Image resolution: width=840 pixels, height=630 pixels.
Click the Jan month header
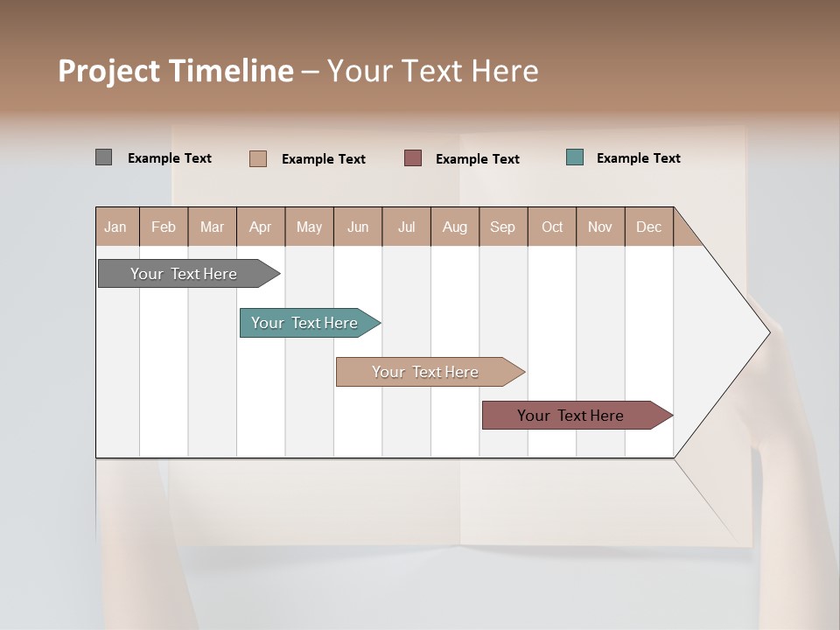tap(115, 227)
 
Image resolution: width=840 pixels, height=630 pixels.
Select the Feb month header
tap(164, 227)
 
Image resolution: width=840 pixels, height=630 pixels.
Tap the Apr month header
tap(260, 227)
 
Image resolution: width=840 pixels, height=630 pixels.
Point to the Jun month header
tap(358, 227)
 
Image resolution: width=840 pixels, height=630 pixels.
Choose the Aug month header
tap(454, 227)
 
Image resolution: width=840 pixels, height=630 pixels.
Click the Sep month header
tap(502, 227)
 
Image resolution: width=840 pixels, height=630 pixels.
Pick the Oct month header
tap(552, 227)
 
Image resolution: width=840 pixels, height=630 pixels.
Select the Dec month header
tap(648, 227)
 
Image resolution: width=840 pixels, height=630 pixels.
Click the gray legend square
tap(103, 157)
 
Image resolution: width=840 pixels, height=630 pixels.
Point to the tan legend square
tap(258, 158)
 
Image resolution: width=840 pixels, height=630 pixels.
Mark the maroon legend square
tap(413, 157)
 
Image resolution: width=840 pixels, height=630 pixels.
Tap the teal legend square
tap(575, 157)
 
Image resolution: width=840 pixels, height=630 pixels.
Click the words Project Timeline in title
tap(176, 71)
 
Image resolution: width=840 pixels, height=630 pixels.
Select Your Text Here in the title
tap(433, 71)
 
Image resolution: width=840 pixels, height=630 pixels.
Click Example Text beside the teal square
tap(638, 158)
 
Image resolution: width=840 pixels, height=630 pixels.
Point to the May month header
tap(309, 227)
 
